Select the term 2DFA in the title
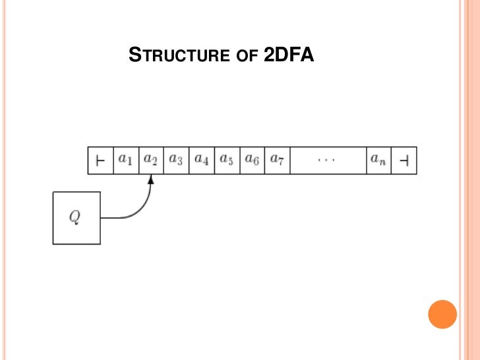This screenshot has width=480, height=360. (x=288, y=57)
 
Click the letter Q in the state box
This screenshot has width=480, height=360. (x=76, y=218)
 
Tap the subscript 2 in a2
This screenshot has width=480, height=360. (x=154, y=163)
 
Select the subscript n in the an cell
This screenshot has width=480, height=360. (x=382, y=163)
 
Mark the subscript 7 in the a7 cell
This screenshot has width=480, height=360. (x=280, y=163)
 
